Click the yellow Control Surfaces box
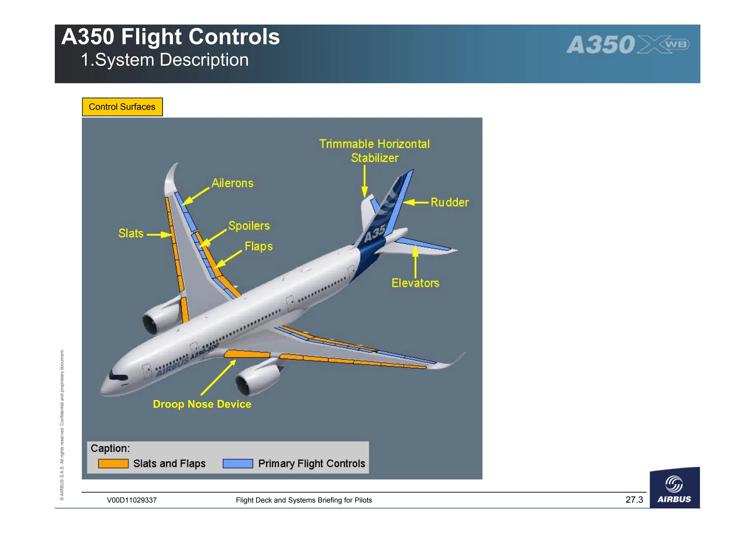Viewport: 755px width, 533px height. coord(122,107)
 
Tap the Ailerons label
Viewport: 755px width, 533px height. coord(232,183)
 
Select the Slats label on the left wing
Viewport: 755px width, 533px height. coord(131,233)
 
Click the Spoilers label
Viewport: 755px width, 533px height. coord(249,226)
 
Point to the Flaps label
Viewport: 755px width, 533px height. coord(258,246)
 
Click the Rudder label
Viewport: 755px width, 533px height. coord(449,202)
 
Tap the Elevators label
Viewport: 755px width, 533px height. coord(415,283)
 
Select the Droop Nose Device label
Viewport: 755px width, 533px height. coord(202,404)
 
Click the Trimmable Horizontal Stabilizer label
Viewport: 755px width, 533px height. coord(374,151)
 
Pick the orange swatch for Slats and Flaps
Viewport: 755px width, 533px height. coord(113,463)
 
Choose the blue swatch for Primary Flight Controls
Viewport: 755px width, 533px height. coord(238,463)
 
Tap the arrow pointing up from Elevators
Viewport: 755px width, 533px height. coord(415,262)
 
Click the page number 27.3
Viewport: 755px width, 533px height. coord(634,500)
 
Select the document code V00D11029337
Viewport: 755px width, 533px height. coord(132,500)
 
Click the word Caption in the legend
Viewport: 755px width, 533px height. coord(110,448)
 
